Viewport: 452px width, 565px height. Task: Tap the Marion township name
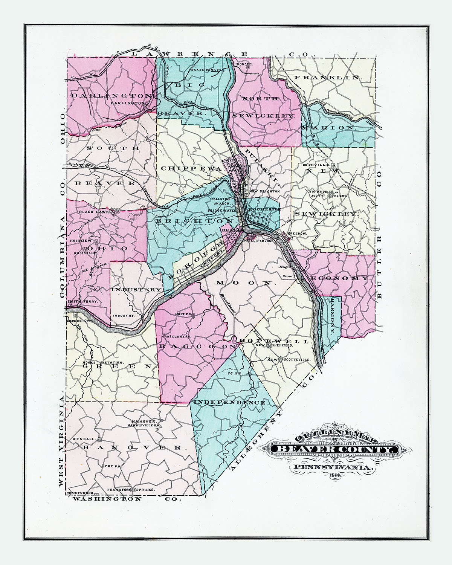[328, 128]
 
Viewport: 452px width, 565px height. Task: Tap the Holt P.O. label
[183, 313]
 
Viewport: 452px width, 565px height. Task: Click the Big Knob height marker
[331, 195]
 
